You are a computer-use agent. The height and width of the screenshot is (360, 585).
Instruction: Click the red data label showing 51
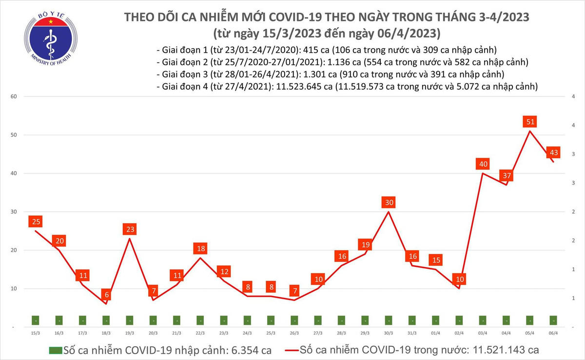tap(529, 121)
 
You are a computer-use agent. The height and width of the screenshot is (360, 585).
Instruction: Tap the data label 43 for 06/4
tap(553, 152)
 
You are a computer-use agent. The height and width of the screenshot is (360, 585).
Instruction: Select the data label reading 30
tap(389, 202)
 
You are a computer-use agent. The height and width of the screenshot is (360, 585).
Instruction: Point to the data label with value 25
tap(35, 222)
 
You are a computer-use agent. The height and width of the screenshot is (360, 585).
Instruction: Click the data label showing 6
tap(106, 295)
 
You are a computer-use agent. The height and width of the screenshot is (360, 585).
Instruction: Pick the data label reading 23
tap(130, 229)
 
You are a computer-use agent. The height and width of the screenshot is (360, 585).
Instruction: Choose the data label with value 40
tap(483, 164)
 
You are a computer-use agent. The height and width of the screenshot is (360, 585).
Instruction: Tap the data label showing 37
tap(506, 175)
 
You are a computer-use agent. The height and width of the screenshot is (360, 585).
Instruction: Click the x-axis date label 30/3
tap(389, 333)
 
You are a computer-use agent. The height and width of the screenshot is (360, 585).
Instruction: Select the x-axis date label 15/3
tap(35, 333)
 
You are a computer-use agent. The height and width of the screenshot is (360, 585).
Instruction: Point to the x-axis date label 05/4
tap(529, 333)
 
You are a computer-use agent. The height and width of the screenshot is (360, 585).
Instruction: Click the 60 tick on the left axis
tap(14, 96)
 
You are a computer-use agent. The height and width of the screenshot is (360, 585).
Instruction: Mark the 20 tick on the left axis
tap(14, 250)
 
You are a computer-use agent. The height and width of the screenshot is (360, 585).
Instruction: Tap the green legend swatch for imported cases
tap(56, 350)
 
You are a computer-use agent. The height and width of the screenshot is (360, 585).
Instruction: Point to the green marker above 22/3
tap(200, 320)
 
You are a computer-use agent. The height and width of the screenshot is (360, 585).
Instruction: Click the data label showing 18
tap(200, 248)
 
